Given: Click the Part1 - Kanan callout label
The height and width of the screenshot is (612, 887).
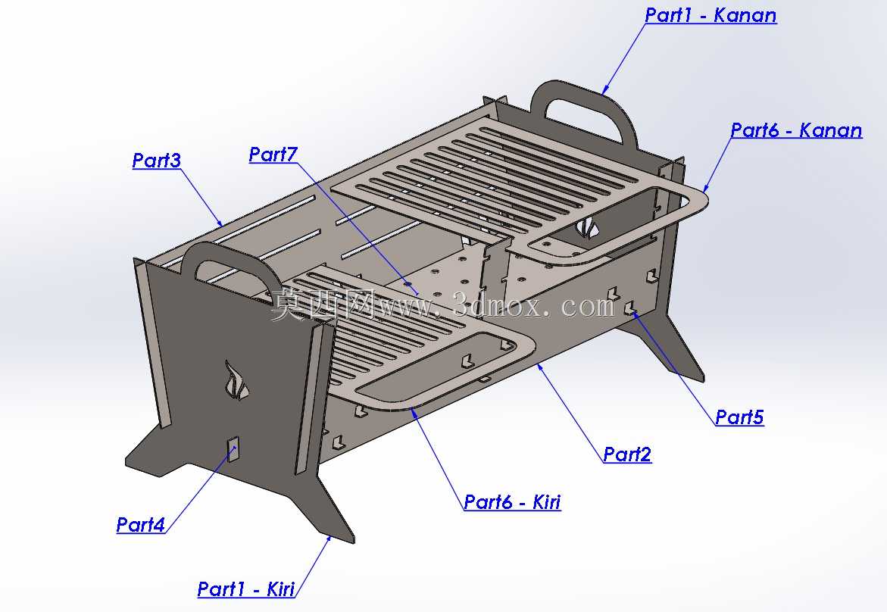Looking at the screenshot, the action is click(x=711, y=15).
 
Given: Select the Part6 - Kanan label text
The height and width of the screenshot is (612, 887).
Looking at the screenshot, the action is click(x=797, y=131).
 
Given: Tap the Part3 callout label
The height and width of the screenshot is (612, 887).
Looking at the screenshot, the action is click(x=157, y=161).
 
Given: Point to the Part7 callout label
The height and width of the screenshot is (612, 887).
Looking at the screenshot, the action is click(x=273, y=155).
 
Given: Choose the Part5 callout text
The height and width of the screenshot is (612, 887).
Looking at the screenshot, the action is click(x=740, y=417).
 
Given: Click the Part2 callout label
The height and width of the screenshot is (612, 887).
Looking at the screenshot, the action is click(x=627, y=454).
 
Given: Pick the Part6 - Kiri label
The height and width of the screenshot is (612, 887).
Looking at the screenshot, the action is click(x=513, y=502).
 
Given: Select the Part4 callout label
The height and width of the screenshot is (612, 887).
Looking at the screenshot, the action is click(x=141, y=525).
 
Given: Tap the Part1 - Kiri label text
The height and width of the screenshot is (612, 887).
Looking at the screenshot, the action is click(x=246, y=589).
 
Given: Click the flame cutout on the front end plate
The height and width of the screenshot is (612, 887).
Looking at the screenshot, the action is click(x=236, y=381).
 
